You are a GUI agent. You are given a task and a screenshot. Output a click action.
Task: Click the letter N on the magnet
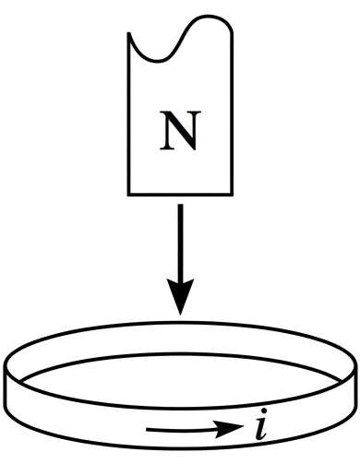pos(180,130)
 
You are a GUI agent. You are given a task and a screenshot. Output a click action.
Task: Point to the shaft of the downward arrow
pos(180,243)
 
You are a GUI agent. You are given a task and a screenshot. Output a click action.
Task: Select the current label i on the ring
pos(261,424)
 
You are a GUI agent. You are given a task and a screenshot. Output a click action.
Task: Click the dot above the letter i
pos(263,411)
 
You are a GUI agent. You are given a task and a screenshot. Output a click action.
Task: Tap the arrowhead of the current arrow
pos(229,427)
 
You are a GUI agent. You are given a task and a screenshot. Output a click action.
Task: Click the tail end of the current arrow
pos(147,430)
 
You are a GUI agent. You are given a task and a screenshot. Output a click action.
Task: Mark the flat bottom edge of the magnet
pos(180,194)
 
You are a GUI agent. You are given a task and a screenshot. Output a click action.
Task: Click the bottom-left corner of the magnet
pos(128,195)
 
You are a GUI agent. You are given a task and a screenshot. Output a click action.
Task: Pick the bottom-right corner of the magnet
pos(232,195)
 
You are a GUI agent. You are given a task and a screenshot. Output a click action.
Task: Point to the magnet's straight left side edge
pos(129,113)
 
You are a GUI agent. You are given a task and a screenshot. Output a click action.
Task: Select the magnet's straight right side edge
pos(232,113)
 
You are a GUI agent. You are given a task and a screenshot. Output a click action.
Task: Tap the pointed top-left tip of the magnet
pos(128,32)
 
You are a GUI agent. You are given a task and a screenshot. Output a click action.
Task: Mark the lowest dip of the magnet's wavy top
pos(158,61)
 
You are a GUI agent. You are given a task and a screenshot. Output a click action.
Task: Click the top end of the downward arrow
pos(180,205)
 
